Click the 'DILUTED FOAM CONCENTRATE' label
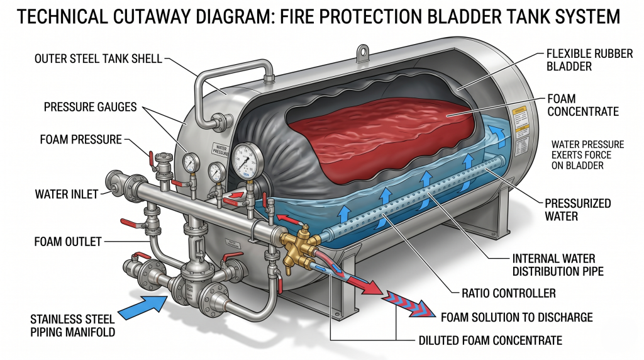tap(490, 340)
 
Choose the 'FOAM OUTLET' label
tap(67, 240)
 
